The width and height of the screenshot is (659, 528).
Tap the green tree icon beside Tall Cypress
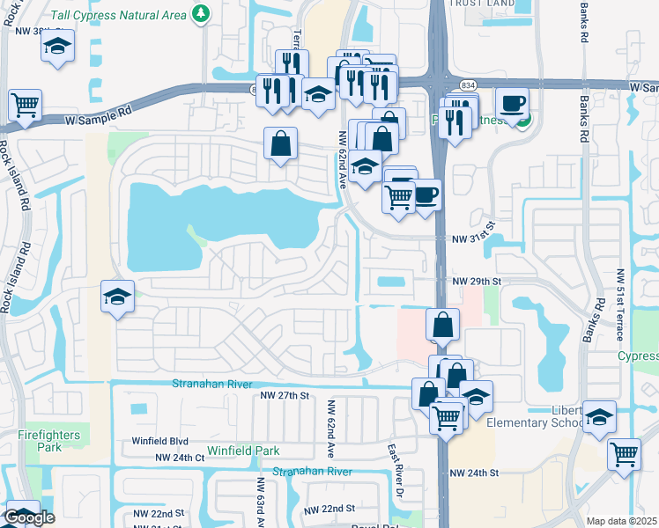[202, 13]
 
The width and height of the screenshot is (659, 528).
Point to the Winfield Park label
[242, 451]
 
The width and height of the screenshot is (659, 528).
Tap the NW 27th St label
[285, 396]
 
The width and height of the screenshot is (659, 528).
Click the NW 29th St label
[477, 281]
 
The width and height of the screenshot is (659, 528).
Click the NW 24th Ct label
[180, 458]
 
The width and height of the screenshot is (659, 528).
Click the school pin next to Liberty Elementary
[600, 417]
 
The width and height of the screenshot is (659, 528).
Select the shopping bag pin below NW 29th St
[442, 324]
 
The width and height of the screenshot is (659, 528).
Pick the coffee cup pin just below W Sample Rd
[512, 103]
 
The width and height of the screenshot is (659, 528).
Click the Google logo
[29, 518]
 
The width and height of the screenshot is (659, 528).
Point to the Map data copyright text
[622, 521]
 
